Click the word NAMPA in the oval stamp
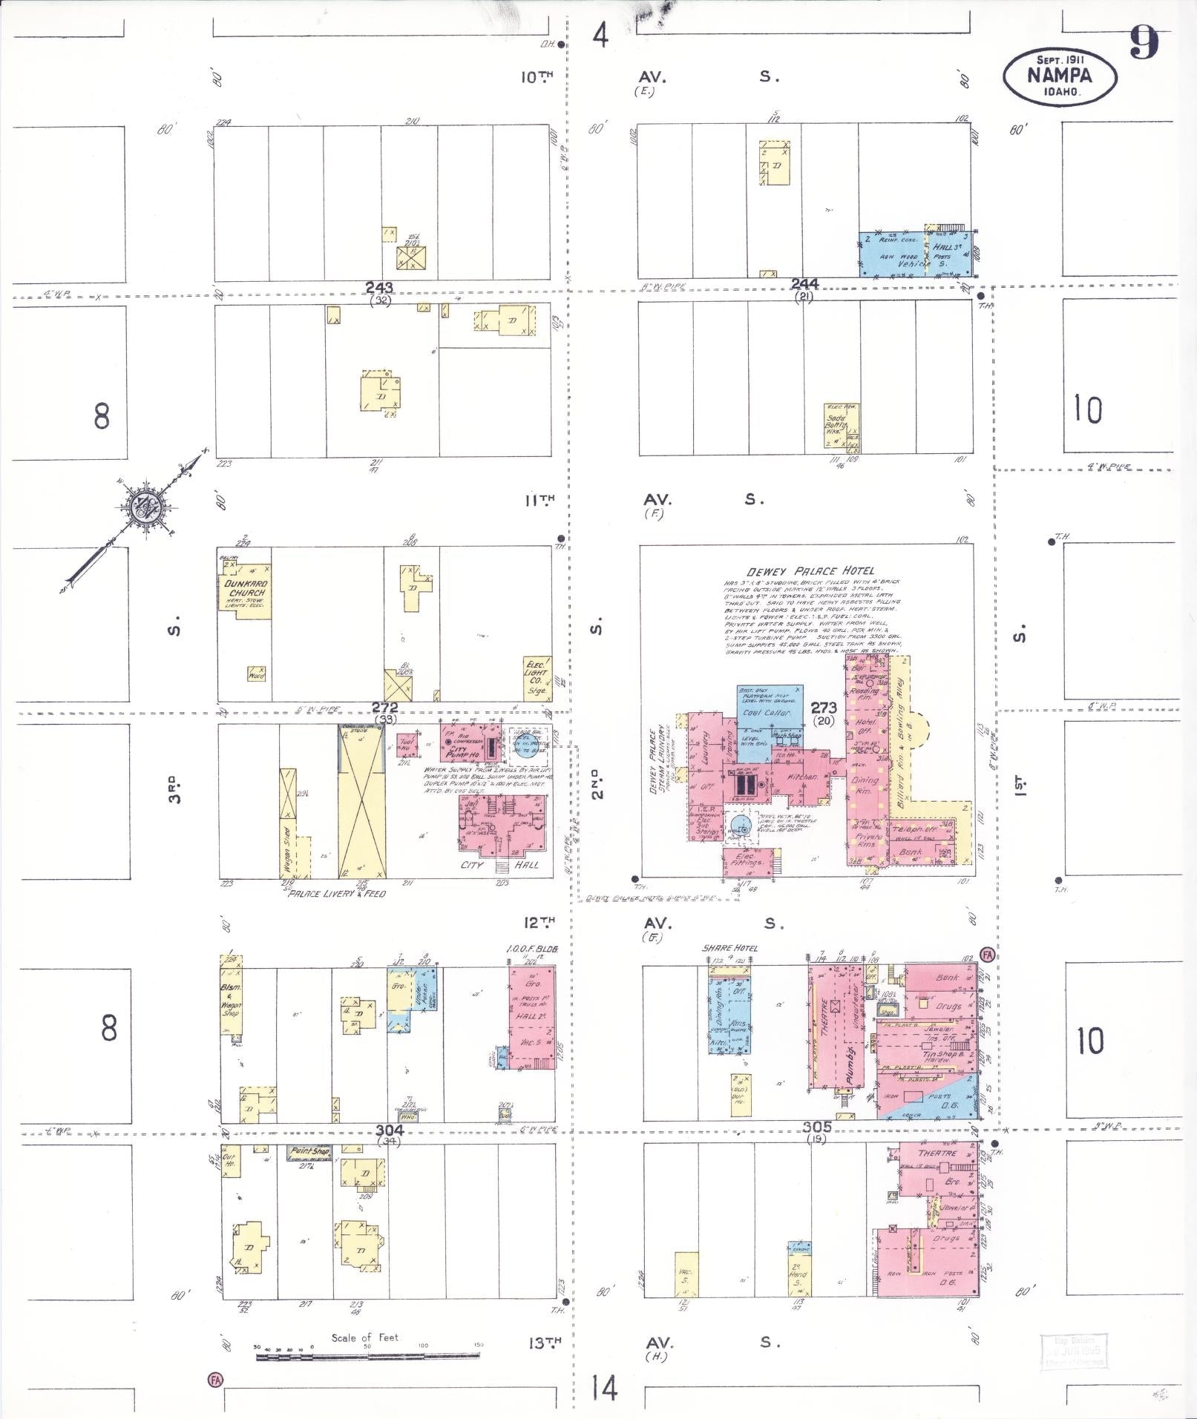[x=1059, y=76]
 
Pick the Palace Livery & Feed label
[x=337, y=894]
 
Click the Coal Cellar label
[x=769, y=712]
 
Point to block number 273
[x=824, y=708]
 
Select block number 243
[x=379, y=288]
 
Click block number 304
[x=389, y=1130]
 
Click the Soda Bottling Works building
[x=836, y=424]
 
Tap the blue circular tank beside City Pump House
[x=524, y=744]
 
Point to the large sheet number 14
[x=605, y=1386]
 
